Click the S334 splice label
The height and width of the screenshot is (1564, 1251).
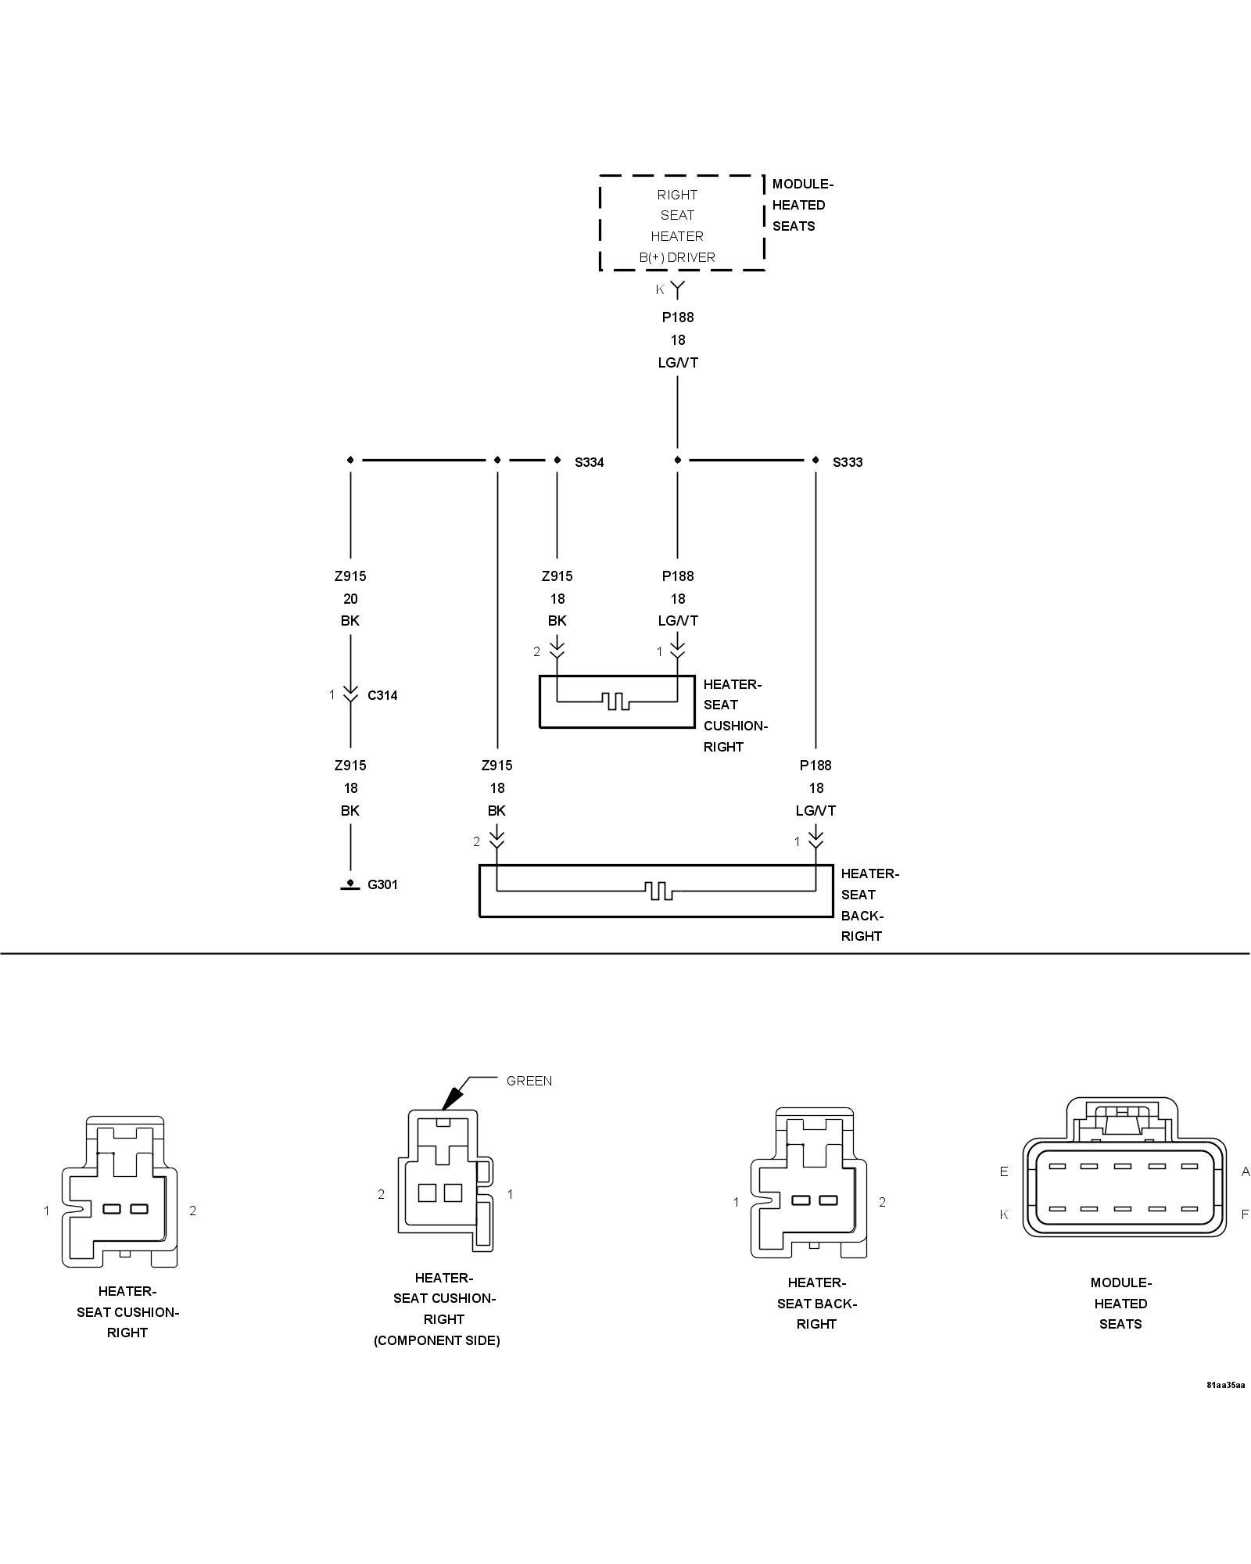[589, 462]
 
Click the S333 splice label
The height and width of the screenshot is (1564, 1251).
[848, 462]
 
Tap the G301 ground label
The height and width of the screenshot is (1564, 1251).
[382, 884]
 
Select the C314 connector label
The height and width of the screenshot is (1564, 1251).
[382, 695]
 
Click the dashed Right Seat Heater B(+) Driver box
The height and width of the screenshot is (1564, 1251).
[681, 224]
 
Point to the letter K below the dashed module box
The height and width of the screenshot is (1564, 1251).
[660, 289]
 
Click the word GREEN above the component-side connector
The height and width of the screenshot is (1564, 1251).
[529, 1081]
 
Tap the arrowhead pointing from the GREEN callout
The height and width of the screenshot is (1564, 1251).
[449, 1102]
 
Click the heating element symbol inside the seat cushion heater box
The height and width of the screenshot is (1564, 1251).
[617, 701]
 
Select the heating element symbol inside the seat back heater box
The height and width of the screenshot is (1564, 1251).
[658, 890]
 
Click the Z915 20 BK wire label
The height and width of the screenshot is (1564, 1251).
[350, 598]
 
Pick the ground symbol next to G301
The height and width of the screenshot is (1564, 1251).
[350, 885]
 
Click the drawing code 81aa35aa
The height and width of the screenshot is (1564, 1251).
[1225, 1386]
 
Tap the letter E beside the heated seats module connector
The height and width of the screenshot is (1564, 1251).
[1004, 1171]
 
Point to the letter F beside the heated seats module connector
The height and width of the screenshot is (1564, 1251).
[1245, 1214]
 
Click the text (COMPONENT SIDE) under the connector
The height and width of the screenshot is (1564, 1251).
[436, 1340]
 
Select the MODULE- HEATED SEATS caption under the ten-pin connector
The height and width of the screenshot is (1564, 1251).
[1120, 1304]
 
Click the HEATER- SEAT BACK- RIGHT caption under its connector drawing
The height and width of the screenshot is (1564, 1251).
[816, 1304]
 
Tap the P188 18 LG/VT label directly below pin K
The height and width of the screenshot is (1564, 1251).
[678, 339]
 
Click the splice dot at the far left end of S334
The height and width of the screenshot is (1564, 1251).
[350, 460]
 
